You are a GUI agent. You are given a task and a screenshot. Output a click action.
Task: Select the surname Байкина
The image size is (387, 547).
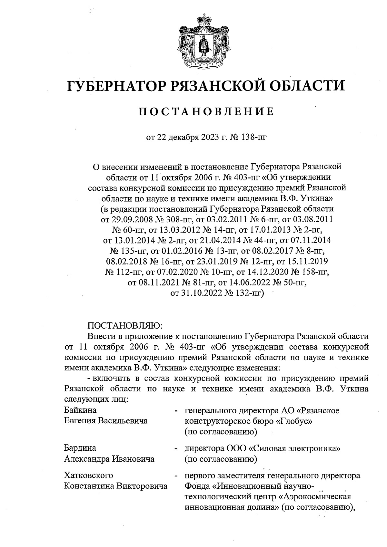tap(80, 410)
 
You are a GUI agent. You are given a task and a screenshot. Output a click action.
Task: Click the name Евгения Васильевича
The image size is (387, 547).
tap(106, 421)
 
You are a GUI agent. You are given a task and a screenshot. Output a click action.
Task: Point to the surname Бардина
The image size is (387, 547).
tap(80, 448)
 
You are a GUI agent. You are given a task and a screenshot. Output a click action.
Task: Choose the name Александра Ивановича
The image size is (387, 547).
tap(109, 458)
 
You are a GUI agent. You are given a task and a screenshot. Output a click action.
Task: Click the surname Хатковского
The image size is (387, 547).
tap(89, 475)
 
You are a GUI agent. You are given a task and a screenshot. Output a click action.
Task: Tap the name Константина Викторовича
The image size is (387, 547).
tap(116, 486)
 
